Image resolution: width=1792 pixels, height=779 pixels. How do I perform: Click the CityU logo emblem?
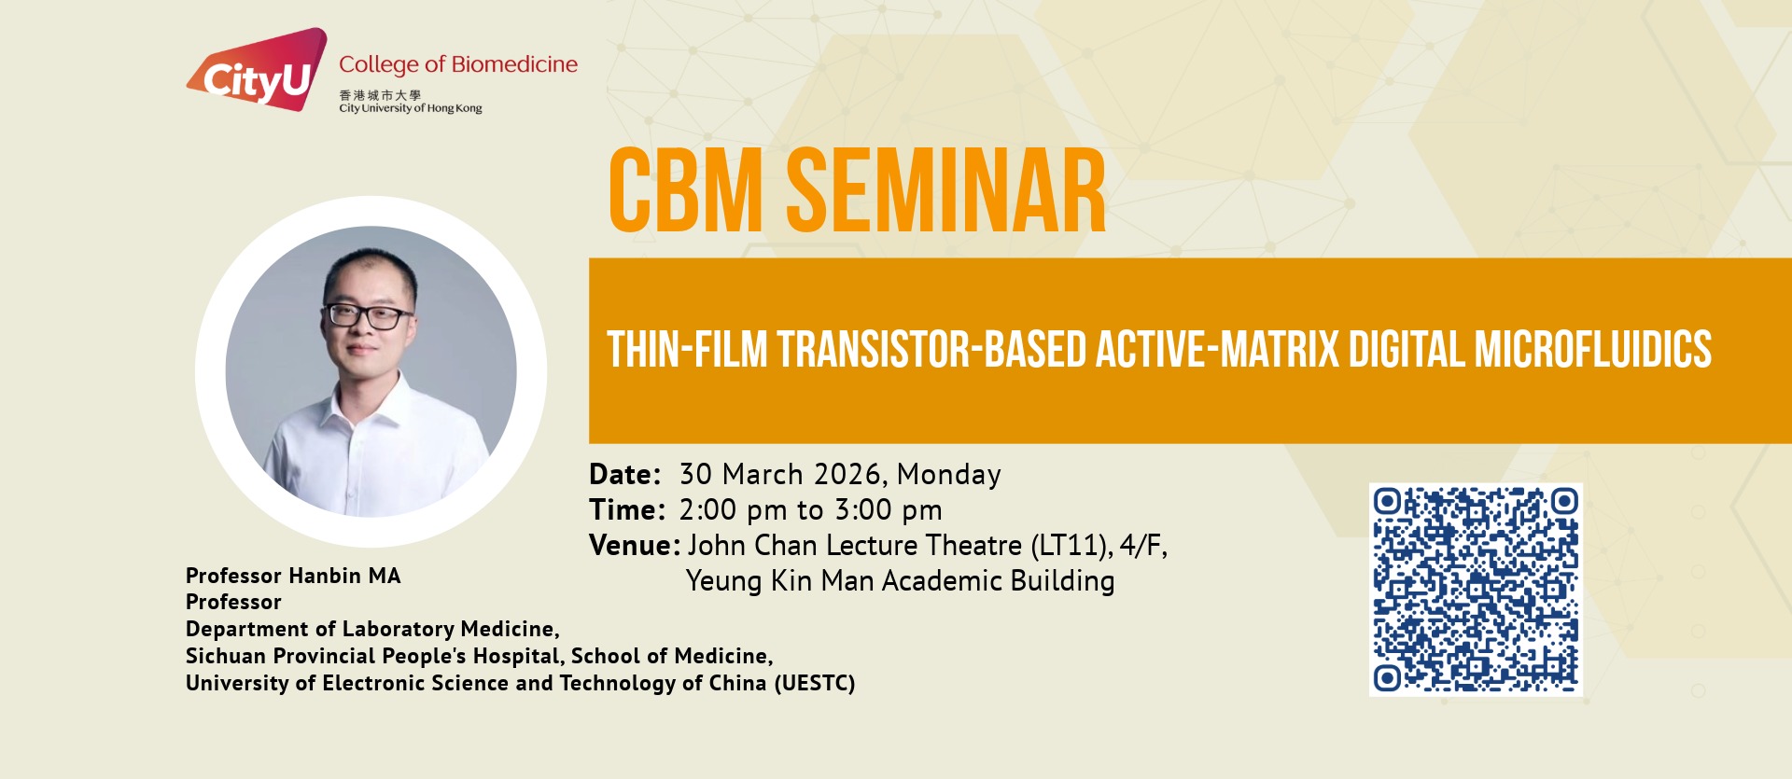coord(258,71)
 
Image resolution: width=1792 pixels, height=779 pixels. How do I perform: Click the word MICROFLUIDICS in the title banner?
coord(1592,350)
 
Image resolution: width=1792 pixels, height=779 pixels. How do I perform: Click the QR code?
coord(1476,590)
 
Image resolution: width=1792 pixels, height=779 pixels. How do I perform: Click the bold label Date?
coord(625,475)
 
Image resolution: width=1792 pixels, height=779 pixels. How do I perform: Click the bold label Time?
coord(627,510)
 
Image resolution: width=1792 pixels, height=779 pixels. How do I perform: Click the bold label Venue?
coord(635,546)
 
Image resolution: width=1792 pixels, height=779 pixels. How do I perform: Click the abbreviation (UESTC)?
coord(815,683)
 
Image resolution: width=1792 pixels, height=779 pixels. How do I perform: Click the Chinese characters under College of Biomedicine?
coord(380,95)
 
